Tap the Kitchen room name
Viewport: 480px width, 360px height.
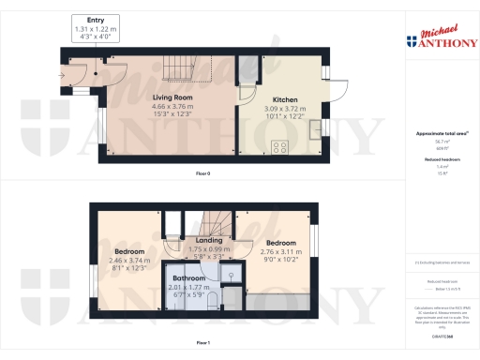(x=285, y=99)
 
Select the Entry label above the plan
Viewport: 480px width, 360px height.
(x=96, y=20)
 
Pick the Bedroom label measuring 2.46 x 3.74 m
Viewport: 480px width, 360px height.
(x=128, y=252)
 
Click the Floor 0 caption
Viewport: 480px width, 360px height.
(x=202, y=174)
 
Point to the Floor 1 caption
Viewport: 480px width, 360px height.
(x=202, y=343)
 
